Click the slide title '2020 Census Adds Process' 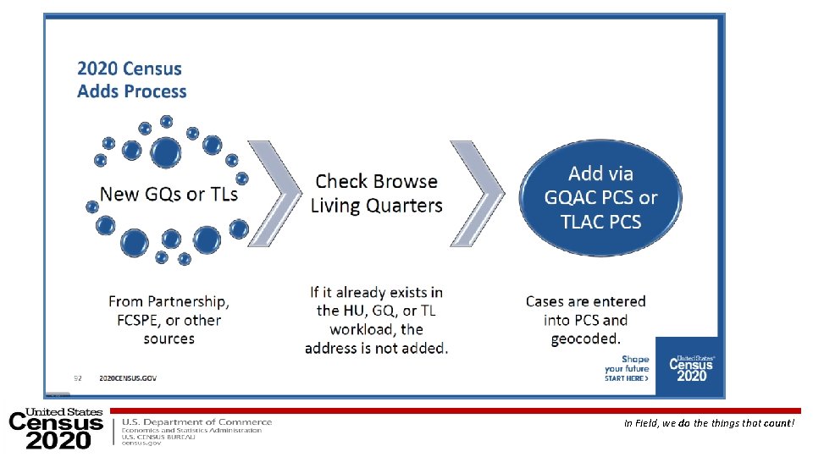(x=131, y=80)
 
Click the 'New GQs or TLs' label (x=169, y=194)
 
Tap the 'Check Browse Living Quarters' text (x=376, y=193)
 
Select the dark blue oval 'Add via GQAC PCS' (x=600, y=197)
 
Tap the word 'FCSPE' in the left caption (x=135, y=320)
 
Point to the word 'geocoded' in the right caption (x=584, y=339)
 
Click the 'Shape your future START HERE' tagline (x=627, y=369)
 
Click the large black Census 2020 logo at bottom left (x=55, y=429)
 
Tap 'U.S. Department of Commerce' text (x=197, y=421)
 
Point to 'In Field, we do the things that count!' (x=709, y=422)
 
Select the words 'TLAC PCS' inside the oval (x=600, y=223)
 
